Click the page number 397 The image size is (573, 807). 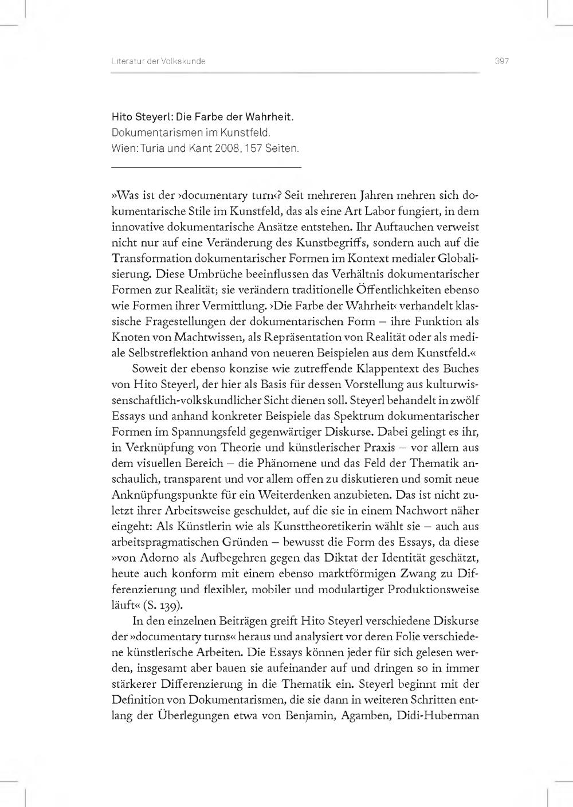click(x=502, y=61)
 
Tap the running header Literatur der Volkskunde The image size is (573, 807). click(x=159, y=61)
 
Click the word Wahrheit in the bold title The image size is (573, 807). click(x=269, y=117)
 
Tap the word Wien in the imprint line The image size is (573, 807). click(x=124, y=148)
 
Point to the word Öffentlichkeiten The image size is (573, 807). click(x=405, y=290)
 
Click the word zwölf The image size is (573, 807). click(x=463, y=401)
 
